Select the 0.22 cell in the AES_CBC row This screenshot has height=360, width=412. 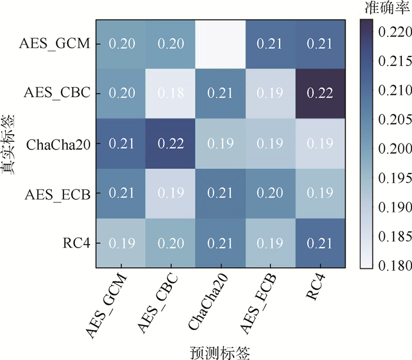click(x=318, y=94)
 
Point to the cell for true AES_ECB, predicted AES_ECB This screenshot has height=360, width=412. click(x=270, y=194)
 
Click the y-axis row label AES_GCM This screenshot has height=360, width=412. click(x=57, y=43)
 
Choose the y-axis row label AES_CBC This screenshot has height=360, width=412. click(x=57, y=94)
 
